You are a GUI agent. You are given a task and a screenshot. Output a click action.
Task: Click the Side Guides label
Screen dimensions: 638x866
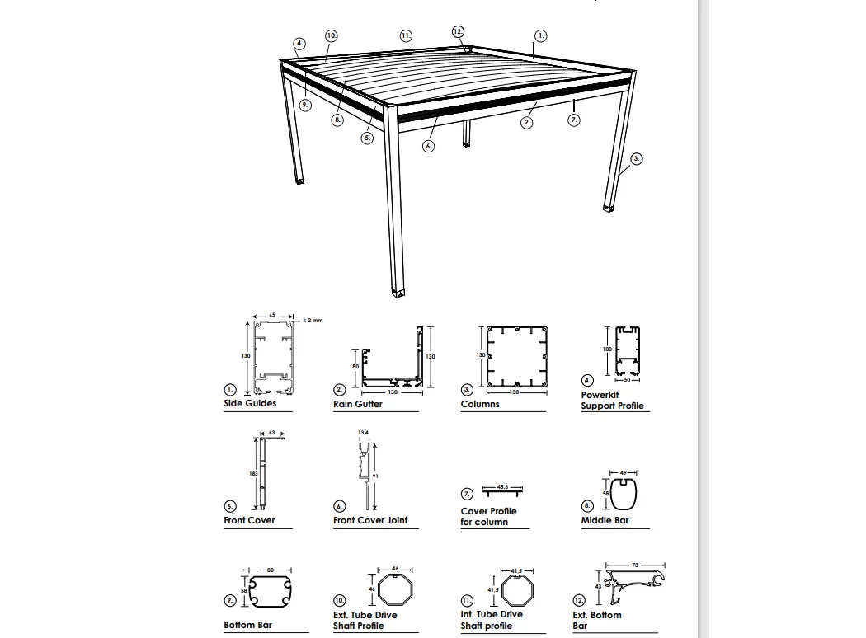[x=250, y=404]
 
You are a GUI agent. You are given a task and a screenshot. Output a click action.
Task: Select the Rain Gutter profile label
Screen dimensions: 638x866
[x=358, y=405]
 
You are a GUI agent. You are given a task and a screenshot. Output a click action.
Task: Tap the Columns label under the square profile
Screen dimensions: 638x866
[x=480, y=405]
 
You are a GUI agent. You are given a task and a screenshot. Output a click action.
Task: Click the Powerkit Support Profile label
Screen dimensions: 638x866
[x=612, y=401]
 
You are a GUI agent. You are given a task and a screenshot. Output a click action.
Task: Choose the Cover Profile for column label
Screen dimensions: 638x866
[x=488, y=517]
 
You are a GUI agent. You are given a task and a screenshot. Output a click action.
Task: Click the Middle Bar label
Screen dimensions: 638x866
[x=605, y=521]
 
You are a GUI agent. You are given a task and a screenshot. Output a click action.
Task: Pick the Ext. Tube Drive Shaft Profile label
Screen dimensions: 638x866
[x=365, y=621]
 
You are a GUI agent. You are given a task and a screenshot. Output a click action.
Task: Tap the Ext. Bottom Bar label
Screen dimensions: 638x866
[x=597, y=620]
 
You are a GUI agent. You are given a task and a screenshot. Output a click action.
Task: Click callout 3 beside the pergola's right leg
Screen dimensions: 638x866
[x=637, y=159]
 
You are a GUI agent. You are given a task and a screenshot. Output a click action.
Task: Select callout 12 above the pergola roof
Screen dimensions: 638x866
[x=458, y=31]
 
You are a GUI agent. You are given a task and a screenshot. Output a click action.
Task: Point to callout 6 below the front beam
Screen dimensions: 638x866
[x=428, y=146]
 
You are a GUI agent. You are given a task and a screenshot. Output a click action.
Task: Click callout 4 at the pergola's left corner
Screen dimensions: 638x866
[x=299, y=44]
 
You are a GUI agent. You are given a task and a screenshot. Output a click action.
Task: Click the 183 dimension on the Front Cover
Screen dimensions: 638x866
[x=254, y=474]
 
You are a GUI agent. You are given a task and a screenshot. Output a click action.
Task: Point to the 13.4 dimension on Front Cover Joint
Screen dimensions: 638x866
[x=363, y=432]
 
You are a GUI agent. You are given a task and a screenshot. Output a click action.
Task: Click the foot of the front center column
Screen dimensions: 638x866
[x=400, y=292]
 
